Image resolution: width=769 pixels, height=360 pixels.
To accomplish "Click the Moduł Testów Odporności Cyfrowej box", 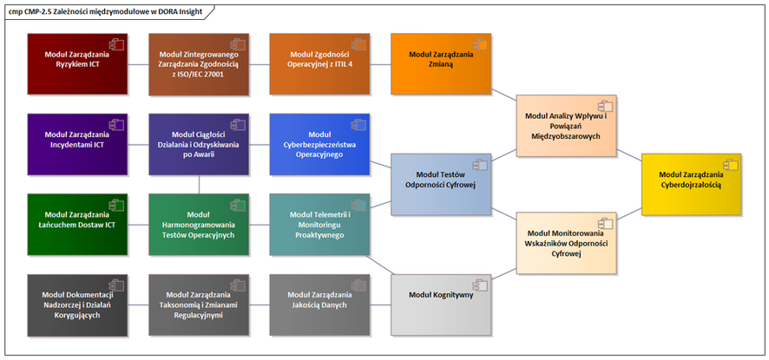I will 442,184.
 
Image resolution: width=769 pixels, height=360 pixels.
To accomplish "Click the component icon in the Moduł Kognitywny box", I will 478,283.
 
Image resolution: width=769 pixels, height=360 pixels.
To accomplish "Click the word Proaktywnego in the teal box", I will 320,235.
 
